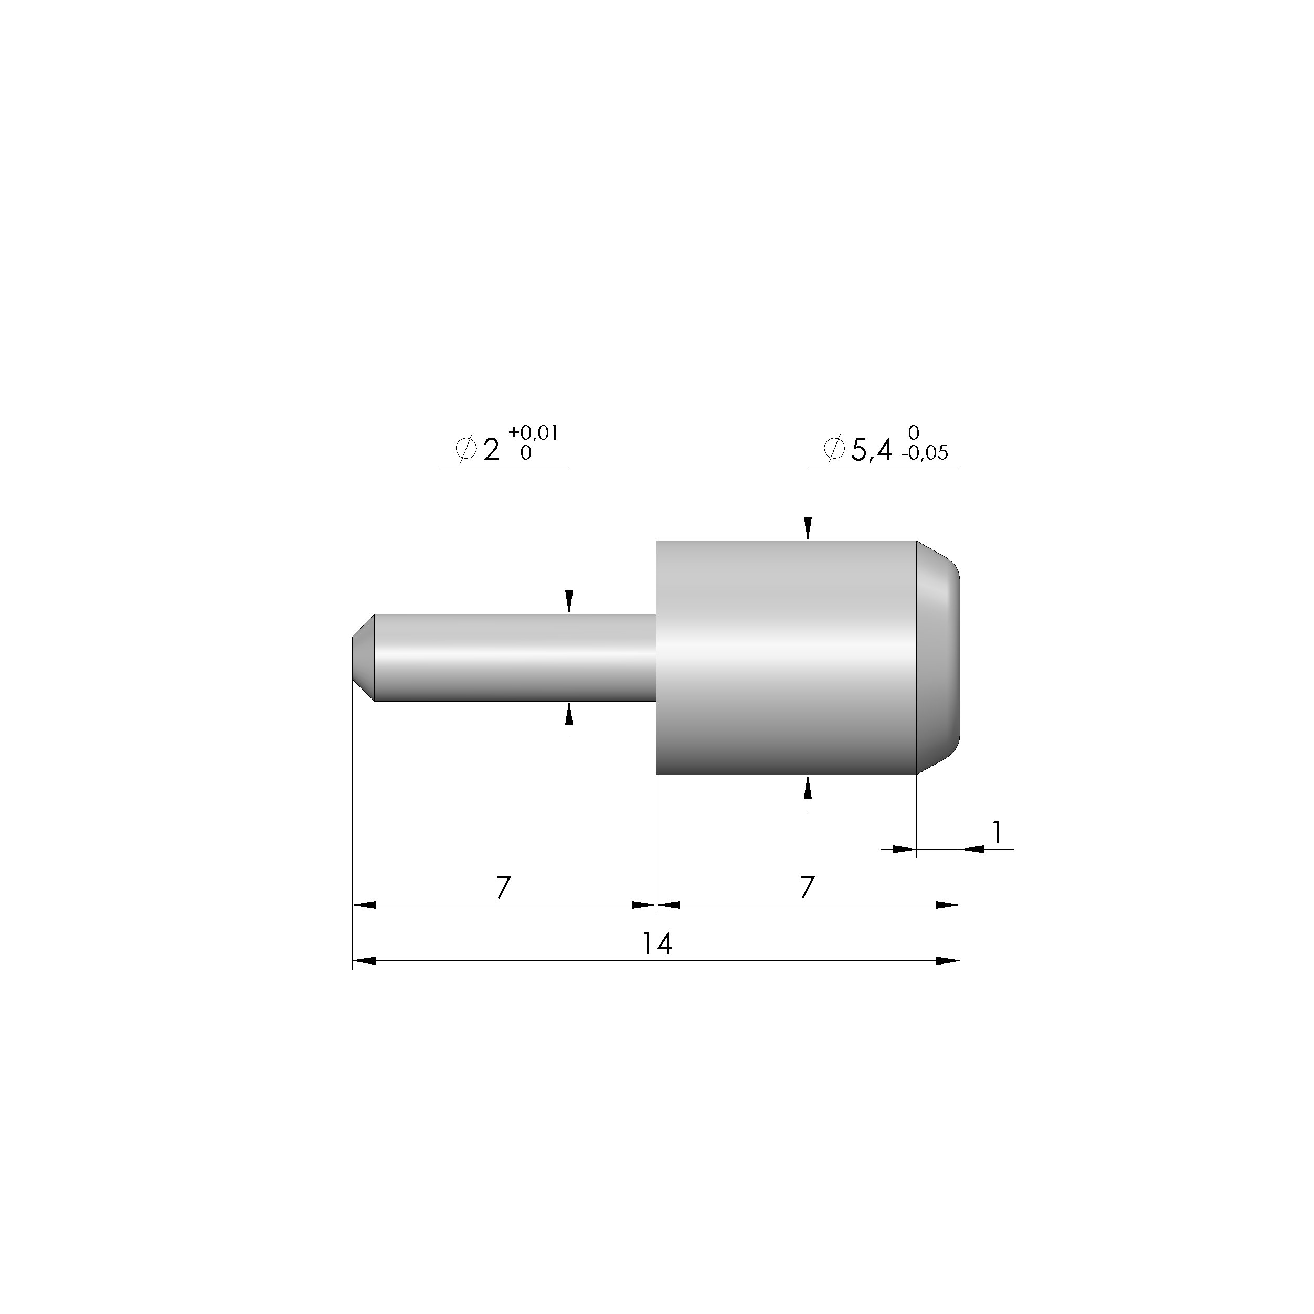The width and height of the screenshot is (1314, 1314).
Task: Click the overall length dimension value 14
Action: (657, 944)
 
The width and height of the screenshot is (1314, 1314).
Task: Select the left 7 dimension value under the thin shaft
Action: (503, 887)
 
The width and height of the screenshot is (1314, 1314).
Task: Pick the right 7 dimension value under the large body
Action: (807, 887)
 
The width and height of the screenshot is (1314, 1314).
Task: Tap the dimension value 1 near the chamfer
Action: (997, 832)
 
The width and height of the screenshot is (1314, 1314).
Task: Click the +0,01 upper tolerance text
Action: (533, 433)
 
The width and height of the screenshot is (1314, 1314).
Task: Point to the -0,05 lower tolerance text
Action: (924, 453)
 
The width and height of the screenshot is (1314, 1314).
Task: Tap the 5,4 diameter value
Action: (871, 450)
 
